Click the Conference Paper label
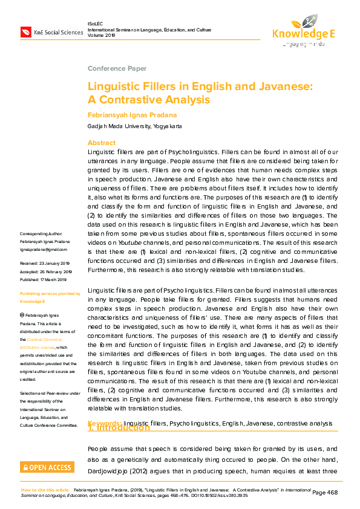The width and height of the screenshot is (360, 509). coord(117,68)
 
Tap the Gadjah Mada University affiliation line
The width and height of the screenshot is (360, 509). coord(134,126)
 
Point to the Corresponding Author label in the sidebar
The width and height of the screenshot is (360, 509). coord(41,233)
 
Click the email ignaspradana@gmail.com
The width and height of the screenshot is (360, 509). coord(44,249)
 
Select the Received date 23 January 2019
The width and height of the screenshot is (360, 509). coord(46,263)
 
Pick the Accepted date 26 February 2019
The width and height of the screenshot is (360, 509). coord(46,271)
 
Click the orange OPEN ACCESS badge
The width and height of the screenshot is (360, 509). coord(47,467)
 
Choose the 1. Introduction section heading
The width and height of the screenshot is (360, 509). coord(119,428)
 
